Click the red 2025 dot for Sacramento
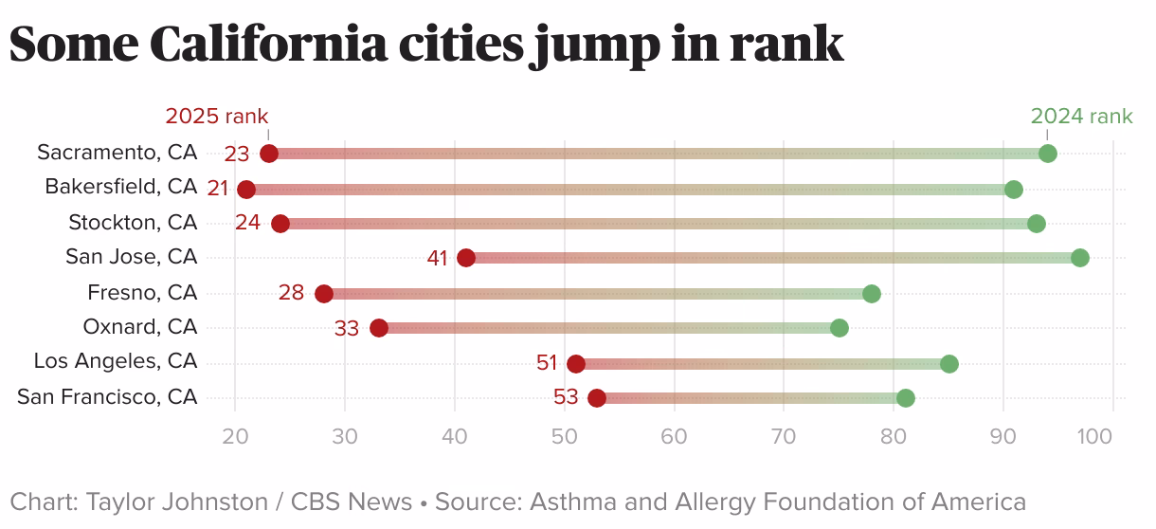pyautogui.click(x=269, y=154)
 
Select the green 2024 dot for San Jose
pyautogui.click(x=1079, y=258)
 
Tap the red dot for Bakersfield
pyautogui.click(x=246, y=189)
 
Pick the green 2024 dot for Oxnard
pyautogui.click(x=839, y=328)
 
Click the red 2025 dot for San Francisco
pyautogui.click(x=597, y=398)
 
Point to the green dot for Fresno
pyautogui.click(x=872, y=294)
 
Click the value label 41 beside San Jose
pyautogui.click(x=437, y=258)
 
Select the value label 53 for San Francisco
pyautogui.click(x=566, y=397)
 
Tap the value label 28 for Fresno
pyautogui.click(x=291, y=292)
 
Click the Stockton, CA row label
pyautogui.click(x=133, y=222)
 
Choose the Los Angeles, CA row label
pyautogui.click(x=116, y=361)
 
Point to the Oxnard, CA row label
pyautogui.click(x=140, y=327)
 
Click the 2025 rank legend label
pyautogui.click(x=217, y=117)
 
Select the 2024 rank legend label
pyautogui.click(x=1081, y=117)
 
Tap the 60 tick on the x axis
pyautogui.click(x=674, y=437)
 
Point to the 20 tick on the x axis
pyautogui.click(x=235, y=437)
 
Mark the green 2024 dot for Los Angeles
pyautogui.click(x=948, y=364)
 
